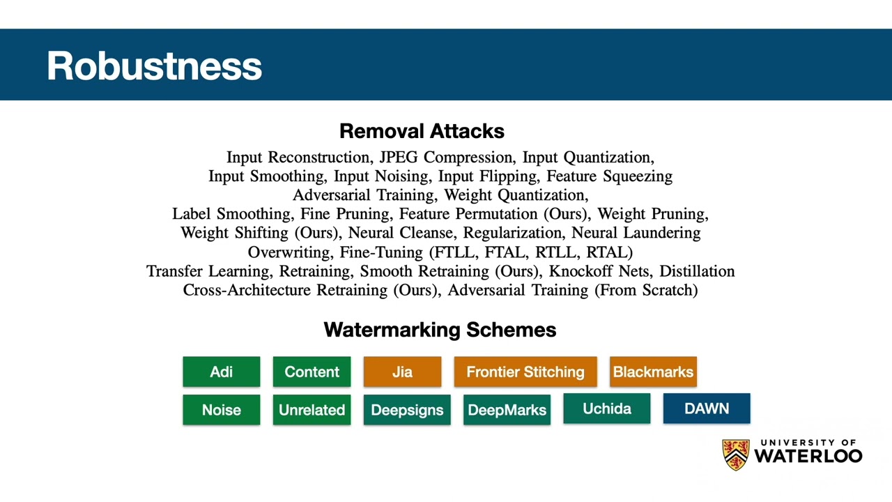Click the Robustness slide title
pos(155,66)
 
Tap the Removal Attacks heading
pos(422,131)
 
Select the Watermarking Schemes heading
pos(440,330)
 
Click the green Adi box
pos(222,372)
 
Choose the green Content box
pos(312,372)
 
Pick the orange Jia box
pos(402,372)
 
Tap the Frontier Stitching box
pos(525,372)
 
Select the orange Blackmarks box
pos(654,372)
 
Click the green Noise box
pos(222,409)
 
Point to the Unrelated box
pos(312,409)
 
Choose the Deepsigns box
pos(407,409)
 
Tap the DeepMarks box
pos(507,409)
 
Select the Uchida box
pos(607,409)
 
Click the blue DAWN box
pos(707,409)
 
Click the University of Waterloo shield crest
pos(736,455)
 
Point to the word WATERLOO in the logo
pos(808,456)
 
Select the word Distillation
pos(697,271)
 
